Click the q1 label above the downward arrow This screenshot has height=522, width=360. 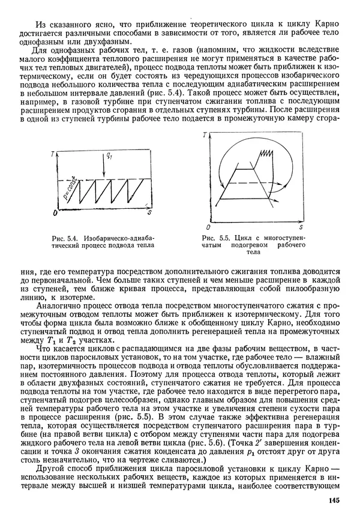109,157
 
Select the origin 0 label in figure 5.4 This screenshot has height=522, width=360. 55,213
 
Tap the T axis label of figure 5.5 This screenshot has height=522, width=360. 204,136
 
